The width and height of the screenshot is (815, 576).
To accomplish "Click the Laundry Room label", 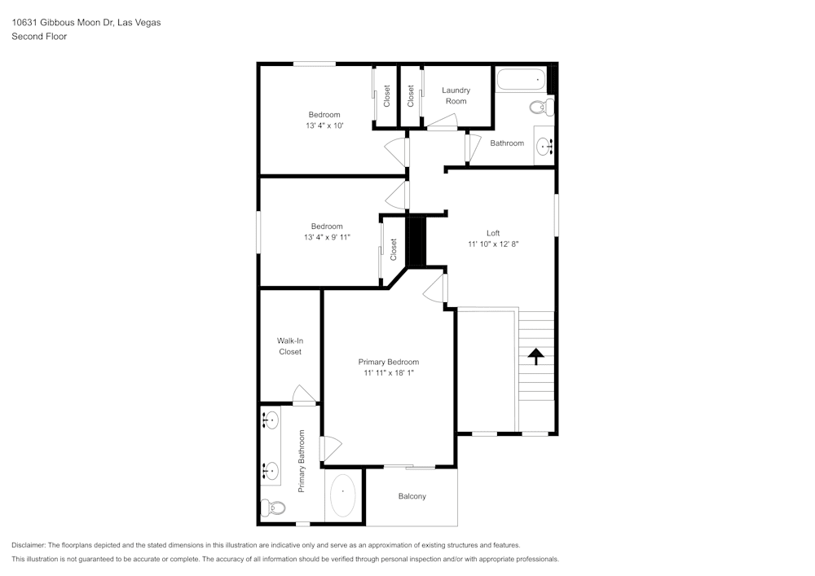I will tap(456, 95).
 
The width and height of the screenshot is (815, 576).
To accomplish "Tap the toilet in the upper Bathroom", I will tap(540, 107).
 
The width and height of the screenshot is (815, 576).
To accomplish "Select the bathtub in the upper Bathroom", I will tap(521, 81).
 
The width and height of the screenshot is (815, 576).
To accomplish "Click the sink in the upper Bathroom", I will tap(544, 147).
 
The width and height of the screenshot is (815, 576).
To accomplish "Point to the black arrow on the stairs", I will tap(536, 357).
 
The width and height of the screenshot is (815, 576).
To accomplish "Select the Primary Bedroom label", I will tap(389, 362).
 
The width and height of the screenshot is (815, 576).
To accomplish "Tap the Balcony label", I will tap(412, 496).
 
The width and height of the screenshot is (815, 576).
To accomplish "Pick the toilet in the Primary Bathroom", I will tap(274, 508).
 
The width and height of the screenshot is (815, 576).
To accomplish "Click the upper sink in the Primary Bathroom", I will tap(270, 420).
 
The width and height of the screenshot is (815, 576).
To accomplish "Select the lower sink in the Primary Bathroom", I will tap(270, 470).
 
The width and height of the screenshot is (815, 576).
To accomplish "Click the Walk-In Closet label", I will tap(289, 346).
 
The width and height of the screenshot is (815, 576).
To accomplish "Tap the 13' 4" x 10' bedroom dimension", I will tap(324, 126).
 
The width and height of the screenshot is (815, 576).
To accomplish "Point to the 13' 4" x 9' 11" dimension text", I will tap(326, 237).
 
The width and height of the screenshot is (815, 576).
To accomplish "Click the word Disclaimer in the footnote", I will tap(29, 545).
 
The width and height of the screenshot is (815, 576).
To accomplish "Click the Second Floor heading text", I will tap(39, 37).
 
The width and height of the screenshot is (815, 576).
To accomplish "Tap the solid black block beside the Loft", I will tap(416, 240).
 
